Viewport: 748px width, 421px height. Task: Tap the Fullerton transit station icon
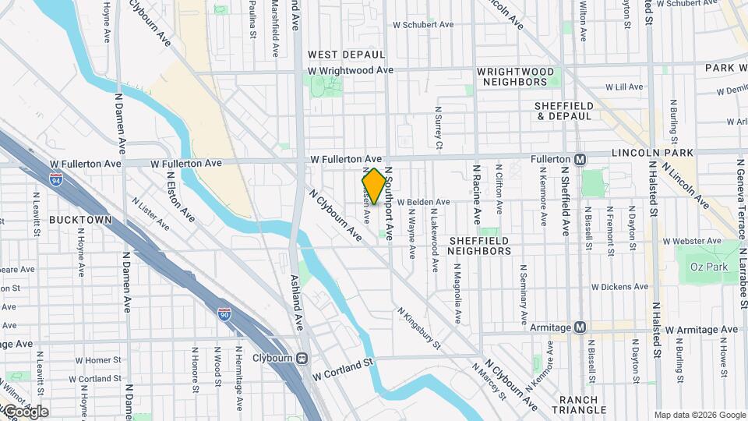point(580,159)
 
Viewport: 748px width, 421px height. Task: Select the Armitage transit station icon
point(580,327)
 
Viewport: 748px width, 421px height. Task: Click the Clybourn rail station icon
point(303,358)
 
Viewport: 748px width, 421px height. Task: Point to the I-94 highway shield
point(56,181)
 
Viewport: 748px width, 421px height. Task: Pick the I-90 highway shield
point(224,314)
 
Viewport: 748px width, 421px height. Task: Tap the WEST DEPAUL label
point(346,55)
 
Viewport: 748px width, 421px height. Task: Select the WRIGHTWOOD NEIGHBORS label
point(516,76)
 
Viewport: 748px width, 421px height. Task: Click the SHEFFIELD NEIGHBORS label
point(480,246)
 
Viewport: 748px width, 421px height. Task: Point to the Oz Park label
point(707,267)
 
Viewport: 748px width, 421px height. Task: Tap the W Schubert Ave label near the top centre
point(422,25)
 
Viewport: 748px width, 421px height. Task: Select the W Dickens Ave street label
point(619,287)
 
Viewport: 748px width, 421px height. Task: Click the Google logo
point(25,411)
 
